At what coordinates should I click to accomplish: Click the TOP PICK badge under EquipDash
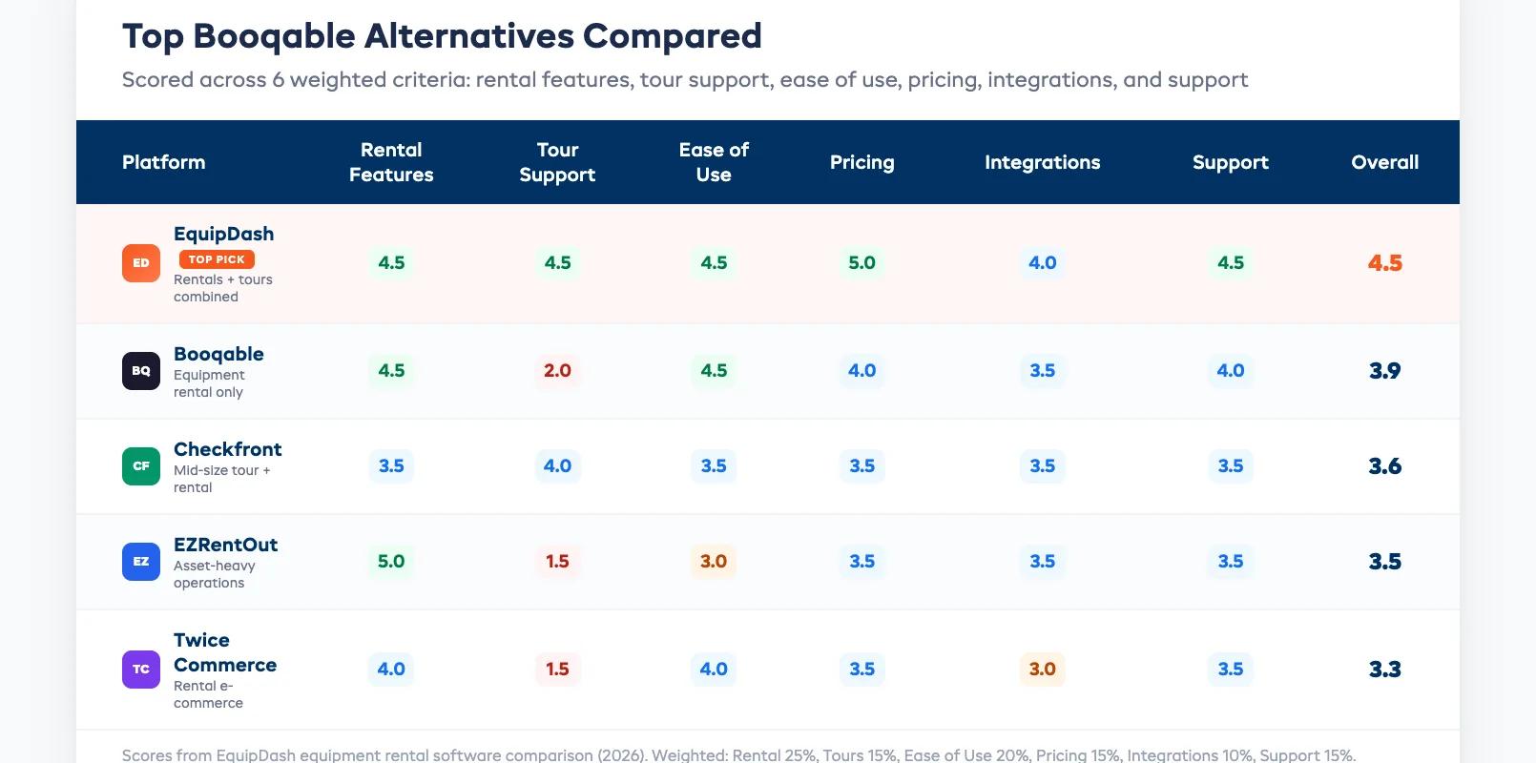click(217, 259)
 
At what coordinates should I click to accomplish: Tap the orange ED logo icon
click(141, 263)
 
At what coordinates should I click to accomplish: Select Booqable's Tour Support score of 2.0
click(557, 370)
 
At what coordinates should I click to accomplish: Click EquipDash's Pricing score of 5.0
click(861, 262)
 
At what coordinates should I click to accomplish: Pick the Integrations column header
click(1042, 162)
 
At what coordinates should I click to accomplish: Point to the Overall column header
click(1384, 162)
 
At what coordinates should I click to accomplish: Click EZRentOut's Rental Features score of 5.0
click(391, 561)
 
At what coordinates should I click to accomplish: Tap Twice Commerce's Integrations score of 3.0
click(1042, 669)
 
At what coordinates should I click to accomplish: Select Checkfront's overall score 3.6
click(1384, 465)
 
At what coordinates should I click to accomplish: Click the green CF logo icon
click(141, 466)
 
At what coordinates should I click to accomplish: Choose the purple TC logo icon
click(141, 670)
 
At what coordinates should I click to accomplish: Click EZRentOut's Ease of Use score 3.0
click(714, 561)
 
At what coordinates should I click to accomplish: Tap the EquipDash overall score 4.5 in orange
click(1384, 262)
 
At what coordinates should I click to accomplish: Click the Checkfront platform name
click(227, 449)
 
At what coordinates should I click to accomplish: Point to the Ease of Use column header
click(714, 162)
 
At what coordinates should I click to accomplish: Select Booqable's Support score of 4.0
click(1230, 370)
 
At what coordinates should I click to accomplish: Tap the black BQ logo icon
click(141, 371)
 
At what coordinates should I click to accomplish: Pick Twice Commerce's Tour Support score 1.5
click(557, 669)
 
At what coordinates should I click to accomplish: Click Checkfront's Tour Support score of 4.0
click(557, 465)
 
